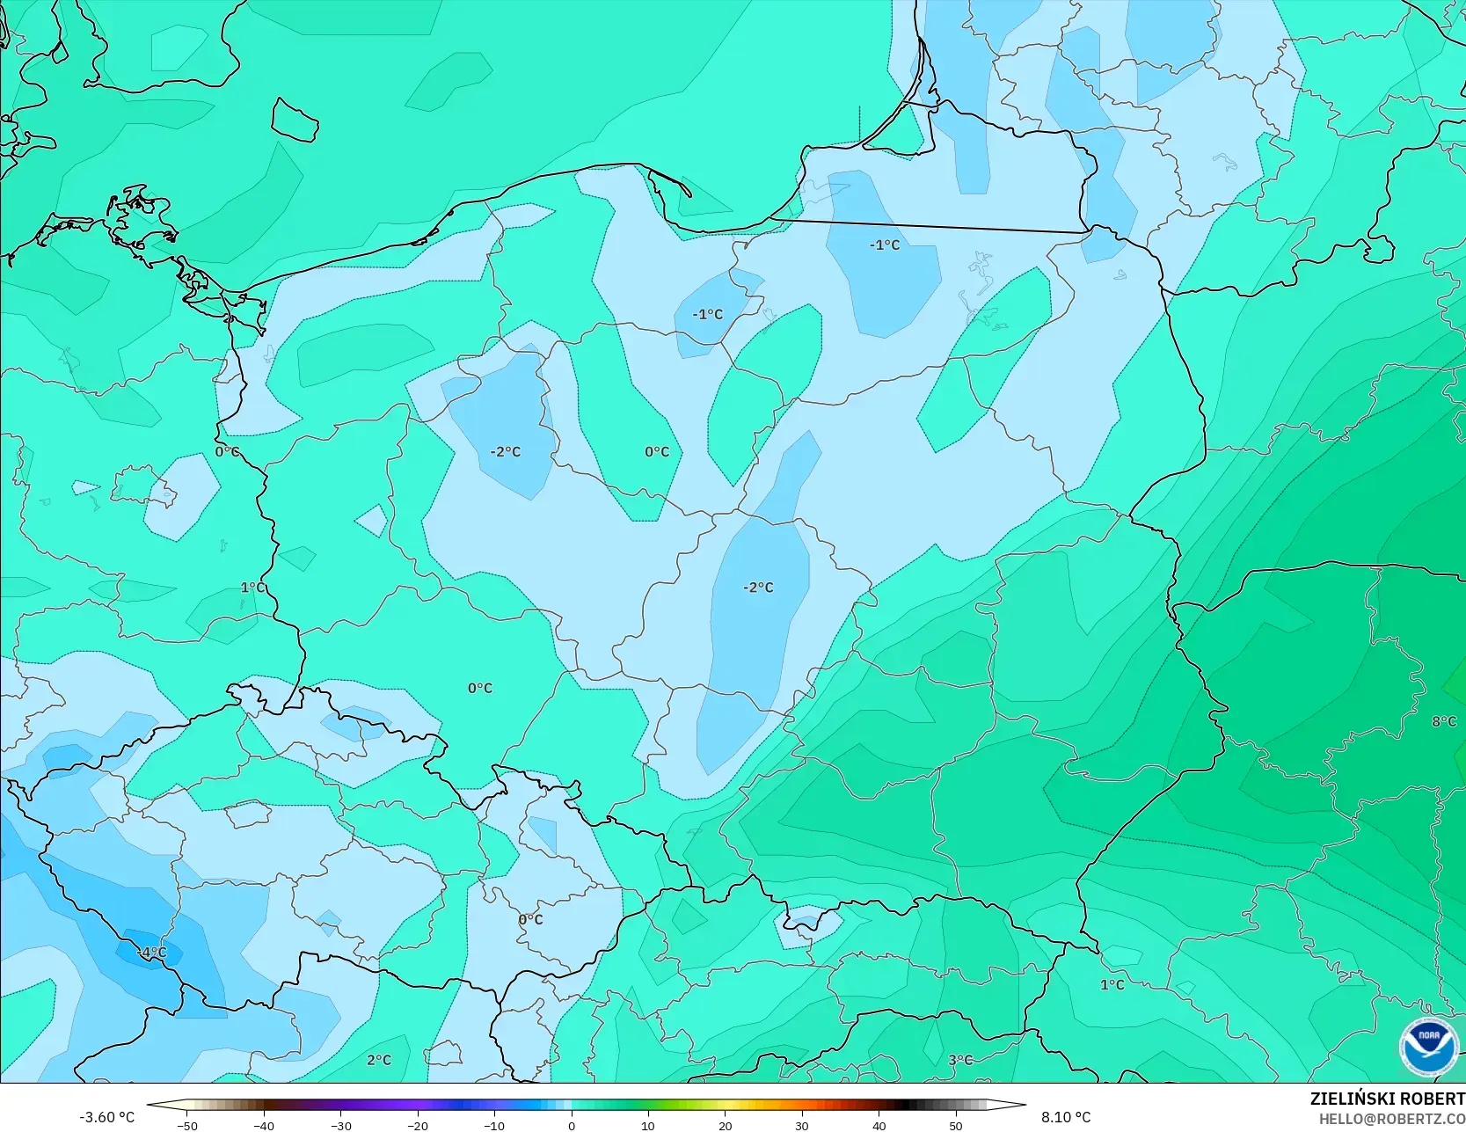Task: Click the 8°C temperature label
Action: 1444,721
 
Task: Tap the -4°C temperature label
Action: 151,953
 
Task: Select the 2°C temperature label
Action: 379,1060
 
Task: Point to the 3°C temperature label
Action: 960,1060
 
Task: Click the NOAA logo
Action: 1428,1048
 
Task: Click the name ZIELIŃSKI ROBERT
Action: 1387,1099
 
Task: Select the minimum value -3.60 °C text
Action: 107,1117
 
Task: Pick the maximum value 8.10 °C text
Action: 1066,1117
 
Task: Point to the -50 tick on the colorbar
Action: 187,1125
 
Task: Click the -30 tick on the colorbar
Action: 341,1125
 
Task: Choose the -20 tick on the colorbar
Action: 418,1125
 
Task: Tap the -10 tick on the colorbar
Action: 494,1125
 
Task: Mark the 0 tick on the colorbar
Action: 572,1125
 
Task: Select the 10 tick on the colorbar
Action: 648,1125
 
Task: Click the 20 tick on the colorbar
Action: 725,1125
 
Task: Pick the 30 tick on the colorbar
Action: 802,1125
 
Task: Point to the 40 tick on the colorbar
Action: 879,1125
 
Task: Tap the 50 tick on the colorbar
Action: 956,1125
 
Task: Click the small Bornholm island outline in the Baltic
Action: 294,120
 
